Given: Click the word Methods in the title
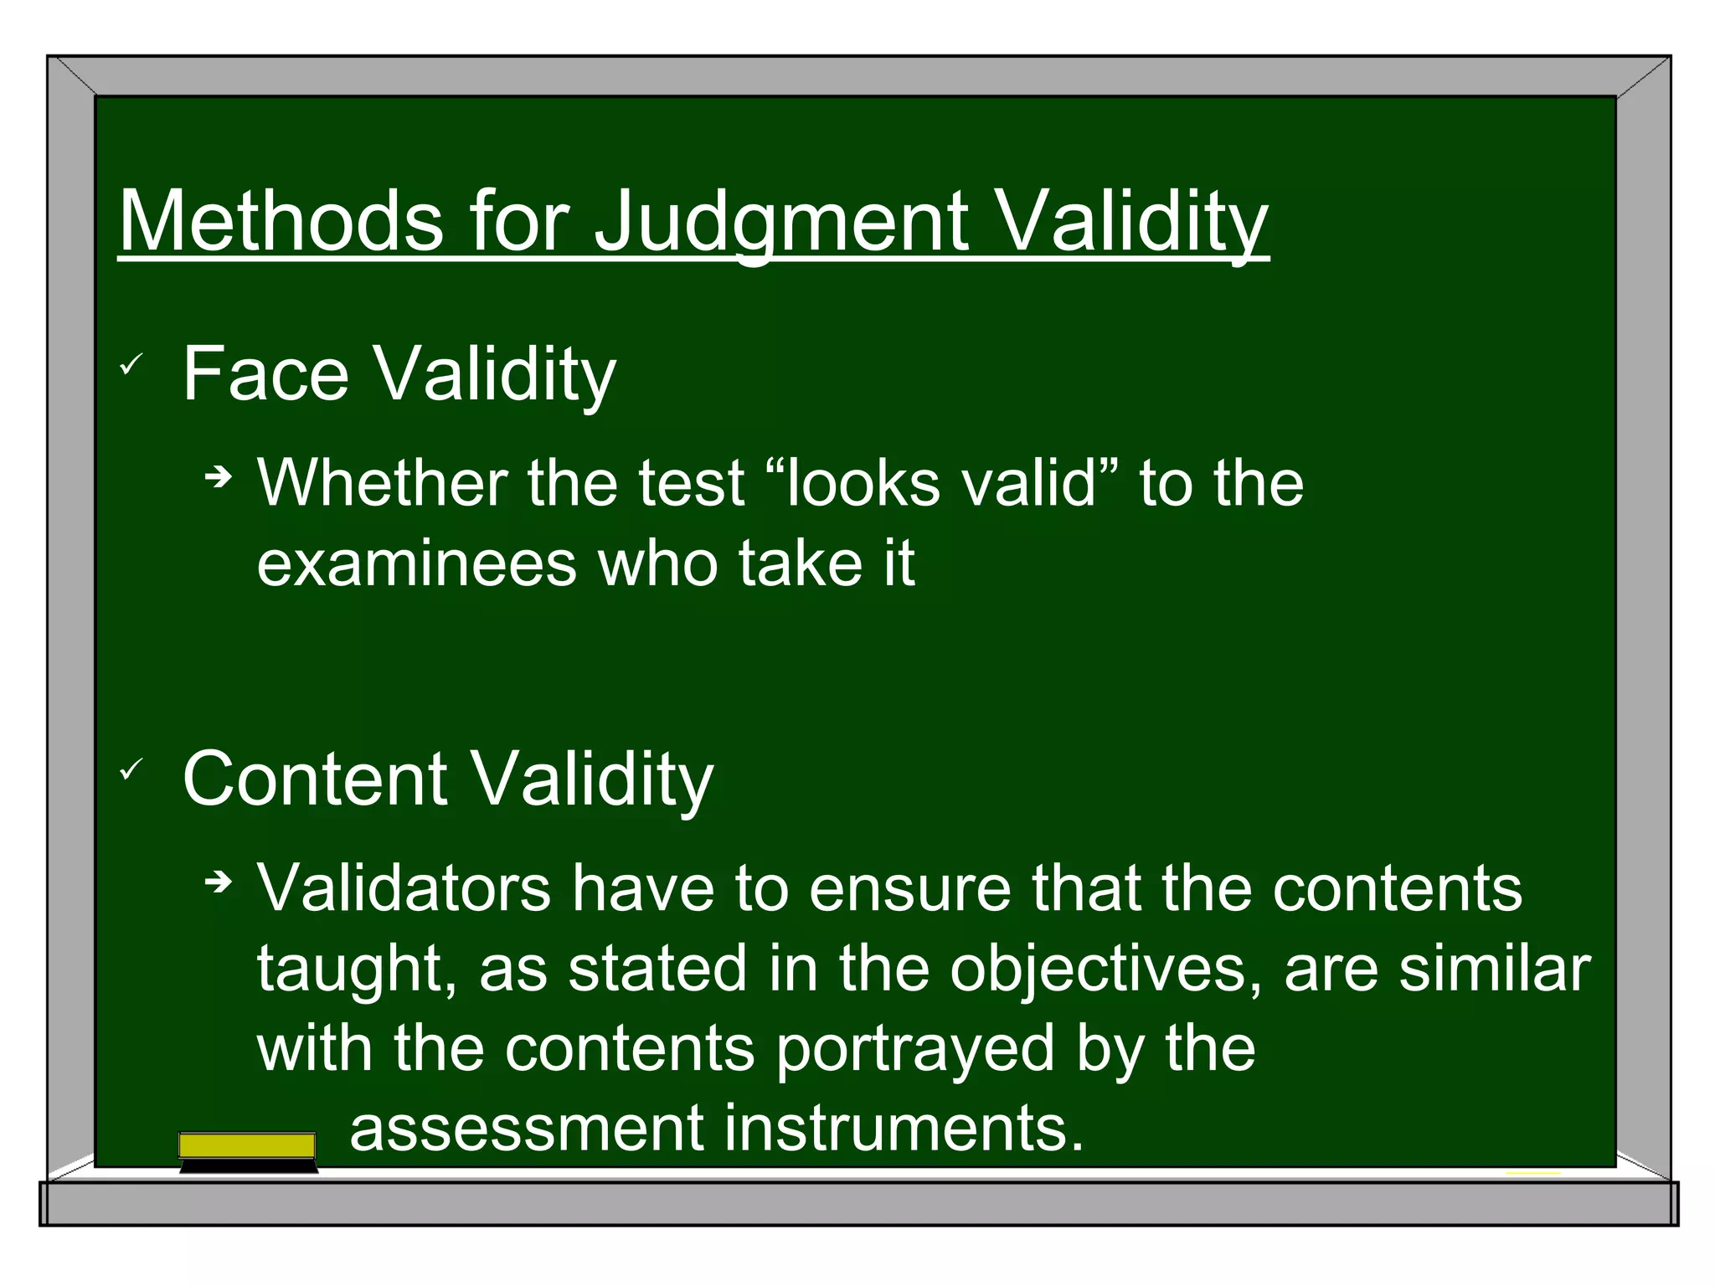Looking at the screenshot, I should [281, 220].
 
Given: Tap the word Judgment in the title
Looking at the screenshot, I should [780, 220].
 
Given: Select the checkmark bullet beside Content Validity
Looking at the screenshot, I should [131, 769].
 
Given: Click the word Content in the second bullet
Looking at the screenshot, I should [315, 779].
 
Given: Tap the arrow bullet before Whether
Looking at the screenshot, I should [219, 478].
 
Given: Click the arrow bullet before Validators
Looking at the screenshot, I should [219, 882].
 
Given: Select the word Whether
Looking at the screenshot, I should [382, 483].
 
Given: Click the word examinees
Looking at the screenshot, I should [416, 563].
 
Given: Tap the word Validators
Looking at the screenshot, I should [404, 887].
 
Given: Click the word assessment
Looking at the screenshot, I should [526, 1129].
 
